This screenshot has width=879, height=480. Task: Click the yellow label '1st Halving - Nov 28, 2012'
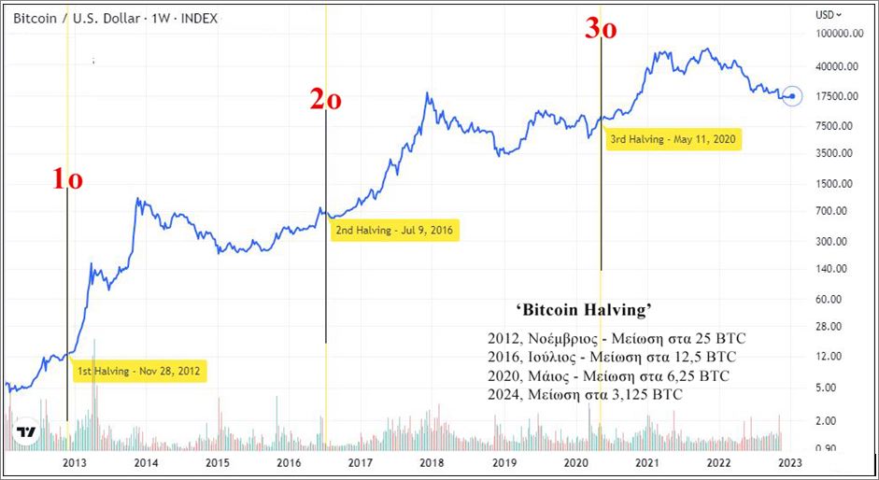click(140, 371)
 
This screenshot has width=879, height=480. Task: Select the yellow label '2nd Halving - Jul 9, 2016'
click(397, 231)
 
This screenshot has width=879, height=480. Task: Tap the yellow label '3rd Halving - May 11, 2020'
click(673, 140)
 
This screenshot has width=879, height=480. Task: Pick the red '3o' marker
click(601, 29)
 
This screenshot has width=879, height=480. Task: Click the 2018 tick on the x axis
click(432, 462)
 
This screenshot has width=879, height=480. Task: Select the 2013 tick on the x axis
click(74, 462)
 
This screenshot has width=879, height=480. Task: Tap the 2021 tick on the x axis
click(646, 462)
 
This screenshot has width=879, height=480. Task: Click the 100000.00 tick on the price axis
click(837, 34)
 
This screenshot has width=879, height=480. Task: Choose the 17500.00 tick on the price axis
click(838, 96)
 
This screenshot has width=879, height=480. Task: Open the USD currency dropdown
click(829, 14)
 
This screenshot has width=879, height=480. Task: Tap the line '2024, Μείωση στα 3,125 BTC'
click(585, 396)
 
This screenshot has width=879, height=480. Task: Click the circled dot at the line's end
click(792, 95)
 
